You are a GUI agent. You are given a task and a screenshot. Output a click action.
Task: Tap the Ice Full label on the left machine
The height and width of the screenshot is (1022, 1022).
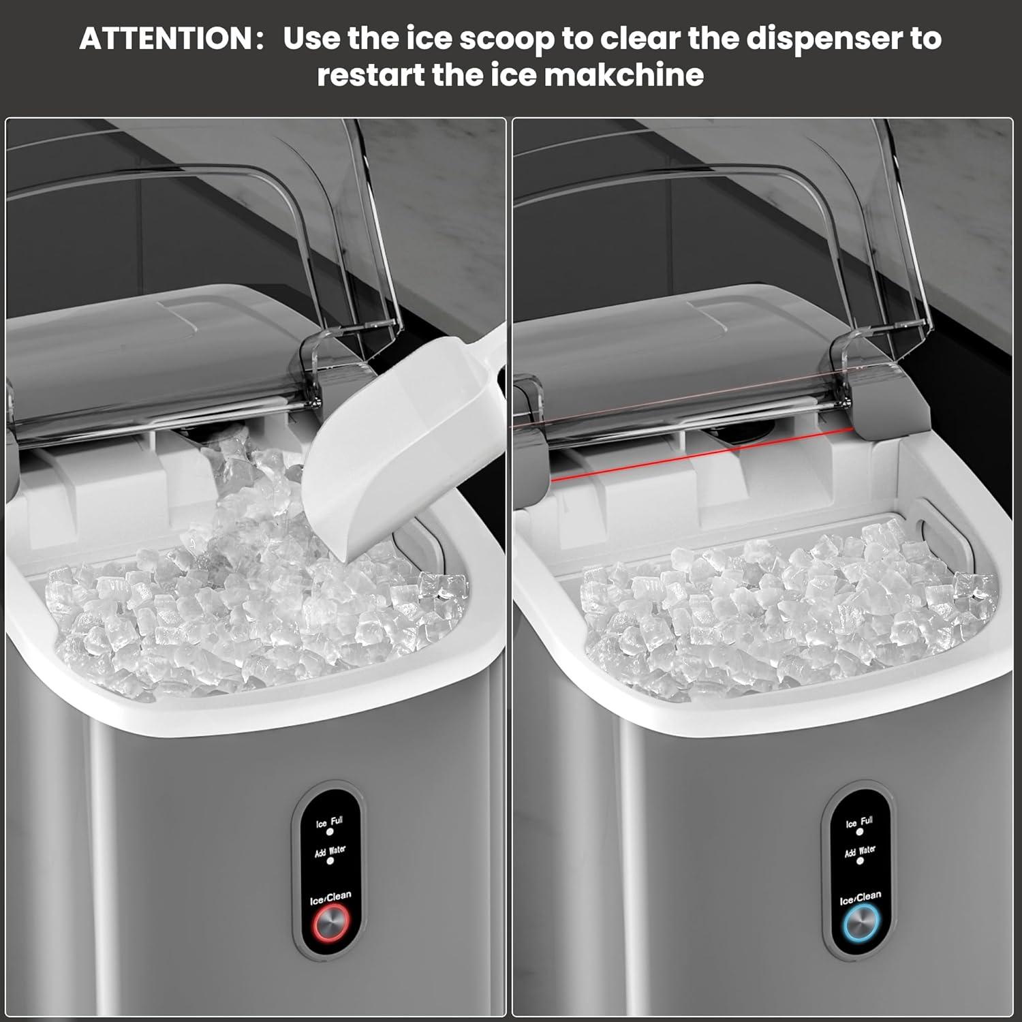pyautogui.click(x=330, y=822)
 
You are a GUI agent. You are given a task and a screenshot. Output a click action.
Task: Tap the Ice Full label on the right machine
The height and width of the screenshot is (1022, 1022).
pyautogui.click(x=859, y=822)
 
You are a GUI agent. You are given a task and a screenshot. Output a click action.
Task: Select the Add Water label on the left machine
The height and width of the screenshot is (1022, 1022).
pyautogui.click(x=330, y=852)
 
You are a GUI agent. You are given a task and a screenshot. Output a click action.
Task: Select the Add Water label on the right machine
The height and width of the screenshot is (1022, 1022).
pyautogui.click(x=860, y=852)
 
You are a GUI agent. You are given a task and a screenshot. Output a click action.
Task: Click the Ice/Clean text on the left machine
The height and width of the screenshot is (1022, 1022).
pyautogui.click(x=330, y=898)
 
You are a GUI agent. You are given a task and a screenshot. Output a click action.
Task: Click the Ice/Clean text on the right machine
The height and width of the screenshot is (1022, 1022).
pyautogui.click(x=860, y=898)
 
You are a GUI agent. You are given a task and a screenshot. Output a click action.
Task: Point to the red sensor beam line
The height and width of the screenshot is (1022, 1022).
pyautogui.click(x=702, y=454)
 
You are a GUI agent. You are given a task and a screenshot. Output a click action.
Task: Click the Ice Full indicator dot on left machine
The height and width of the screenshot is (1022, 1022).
pyautogui.click(x=330, y=833)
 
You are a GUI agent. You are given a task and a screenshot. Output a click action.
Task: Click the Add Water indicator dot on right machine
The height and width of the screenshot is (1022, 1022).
pyautogui.click(x=860, y=861)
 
